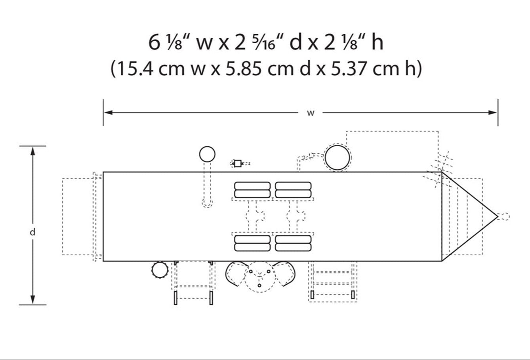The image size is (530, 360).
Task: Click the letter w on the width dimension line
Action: click(x=311, y=113)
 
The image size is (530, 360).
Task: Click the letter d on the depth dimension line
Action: click(x=32, y=232)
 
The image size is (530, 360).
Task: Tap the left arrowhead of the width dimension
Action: click(x=109, y=112)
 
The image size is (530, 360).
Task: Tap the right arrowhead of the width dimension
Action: click(x=493, y=112)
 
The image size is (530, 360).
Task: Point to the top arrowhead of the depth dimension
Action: click(x=32, y=151)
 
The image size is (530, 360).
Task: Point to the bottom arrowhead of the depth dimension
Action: click(x=32, y=300)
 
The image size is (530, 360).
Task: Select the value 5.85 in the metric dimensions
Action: click(x=244, y=69)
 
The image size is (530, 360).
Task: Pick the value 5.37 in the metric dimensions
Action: click(x=349, y=69)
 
